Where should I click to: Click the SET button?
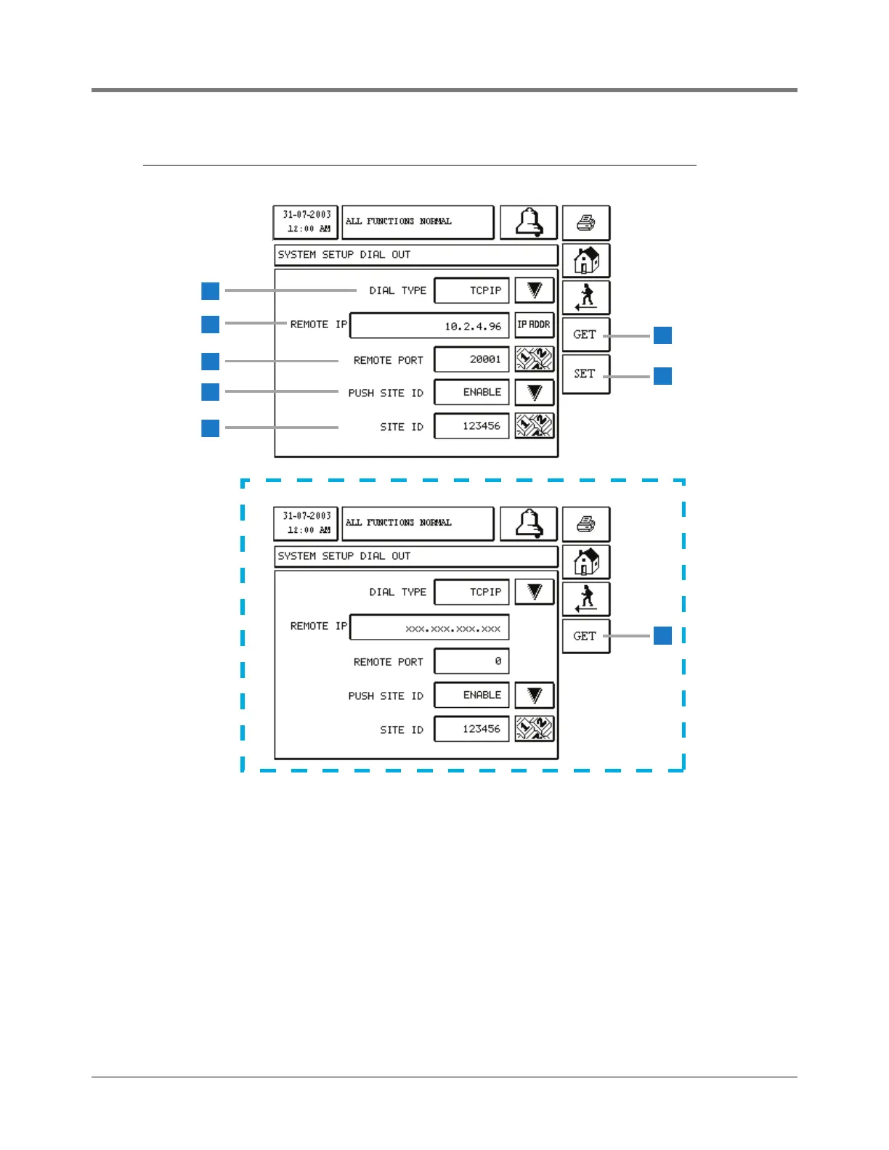pyautogui.click(x=585, y=374)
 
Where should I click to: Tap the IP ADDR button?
pyautogui.click(x=534, y=325)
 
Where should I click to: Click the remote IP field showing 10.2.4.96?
pyautogui.click(x=429, y=326)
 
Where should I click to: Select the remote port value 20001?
pyautogui.click(x=471, y=359)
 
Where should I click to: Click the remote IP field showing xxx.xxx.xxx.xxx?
pyautogui.click(x=429, y=628)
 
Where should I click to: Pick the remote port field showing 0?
pyautogui.click(x=471, y=661)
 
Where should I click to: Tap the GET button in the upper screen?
pyautogui.click(x=585, y=335)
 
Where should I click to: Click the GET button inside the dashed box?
pyautogui.click(x=585, y=636)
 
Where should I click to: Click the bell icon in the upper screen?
pyautogui.click(x=529, y=222)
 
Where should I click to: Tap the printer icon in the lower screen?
pyautogui.click(x=586, y=523)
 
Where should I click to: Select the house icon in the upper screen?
pyautogui.click(x=586, y=260)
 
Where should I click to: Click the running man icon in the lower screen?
pyautogui.click(x=586, y=599)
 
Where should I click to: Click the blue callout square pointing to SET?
pyautogui.click(x=662, y=376)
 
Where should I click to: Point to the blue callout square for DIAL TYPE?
pyautogui.click(x=211, y=290)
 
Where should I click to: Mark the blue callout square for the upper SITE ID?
pyautogui.click(x=211, y=428)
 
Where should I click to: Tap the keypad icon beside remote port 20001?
pyautogui.click(x=535, y=359)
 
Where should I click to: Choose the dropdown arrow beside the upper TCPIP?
pyautogui.click(x=535, y=290)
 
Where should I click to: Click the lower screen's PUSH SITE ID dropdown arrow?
pyautogui.click(x=535, y=696)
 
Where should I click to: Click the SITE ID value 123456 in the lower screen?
pyautogui.click(x=471, y=729)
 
